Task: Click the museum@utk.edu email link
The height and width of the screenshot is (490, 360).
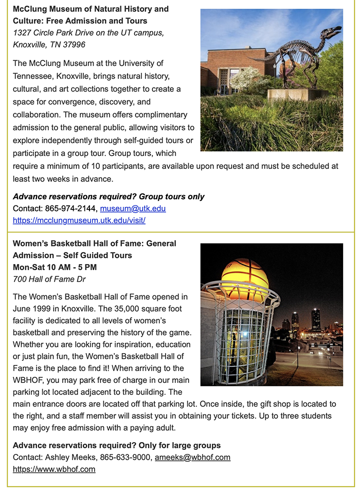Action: tap(133, 208)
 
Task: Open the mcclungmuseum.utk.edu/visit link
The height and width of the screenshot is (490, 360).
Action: tap(79, 220)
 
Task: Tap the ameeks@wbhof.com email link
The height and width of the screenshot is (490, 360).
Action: tap(192, 457)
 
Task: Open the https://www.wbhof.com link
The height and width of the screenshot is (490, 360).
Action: tap(54, 469)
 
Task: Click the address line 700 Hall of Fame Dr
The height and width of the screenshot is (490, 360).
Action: tap(49, 279)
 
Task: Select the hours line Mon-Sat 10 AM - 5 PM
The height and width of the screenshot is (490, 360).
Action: tap(55, 267)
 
